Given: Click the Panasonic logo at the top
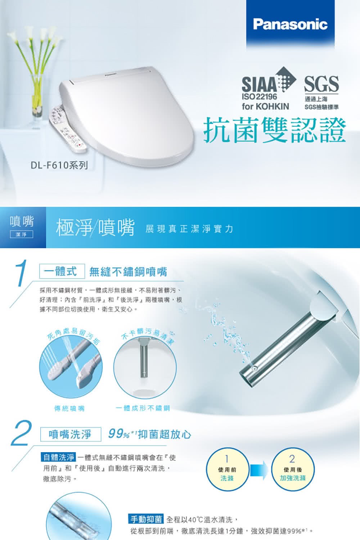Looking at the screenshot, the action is [x=290, y=24].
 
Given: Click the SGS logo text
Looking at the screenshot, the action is [x=321, y=84].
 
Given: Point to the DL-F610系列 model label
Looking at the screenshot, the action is [x=59, y=165].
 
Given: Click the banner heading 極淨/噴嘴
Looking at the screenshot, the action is [x=95, y=228].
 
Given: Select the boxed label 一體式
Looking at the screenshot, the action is [x=62, y=271].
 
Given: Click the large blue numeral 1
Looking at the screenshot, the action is [x=22, y=273].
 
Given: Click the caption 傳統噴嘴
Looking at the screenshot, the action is [x=69, y=408].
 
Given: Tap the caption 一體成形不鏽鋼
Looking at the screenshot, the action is [x=143, y=408].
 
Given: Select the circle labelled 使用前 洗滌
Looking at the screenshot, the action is [x=227, y=469].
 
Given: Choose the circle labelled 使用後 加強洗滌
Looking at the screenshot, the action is [x=293, y=469].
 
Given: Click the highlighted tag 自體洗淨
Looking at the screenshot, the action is [x=59, y=457].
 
